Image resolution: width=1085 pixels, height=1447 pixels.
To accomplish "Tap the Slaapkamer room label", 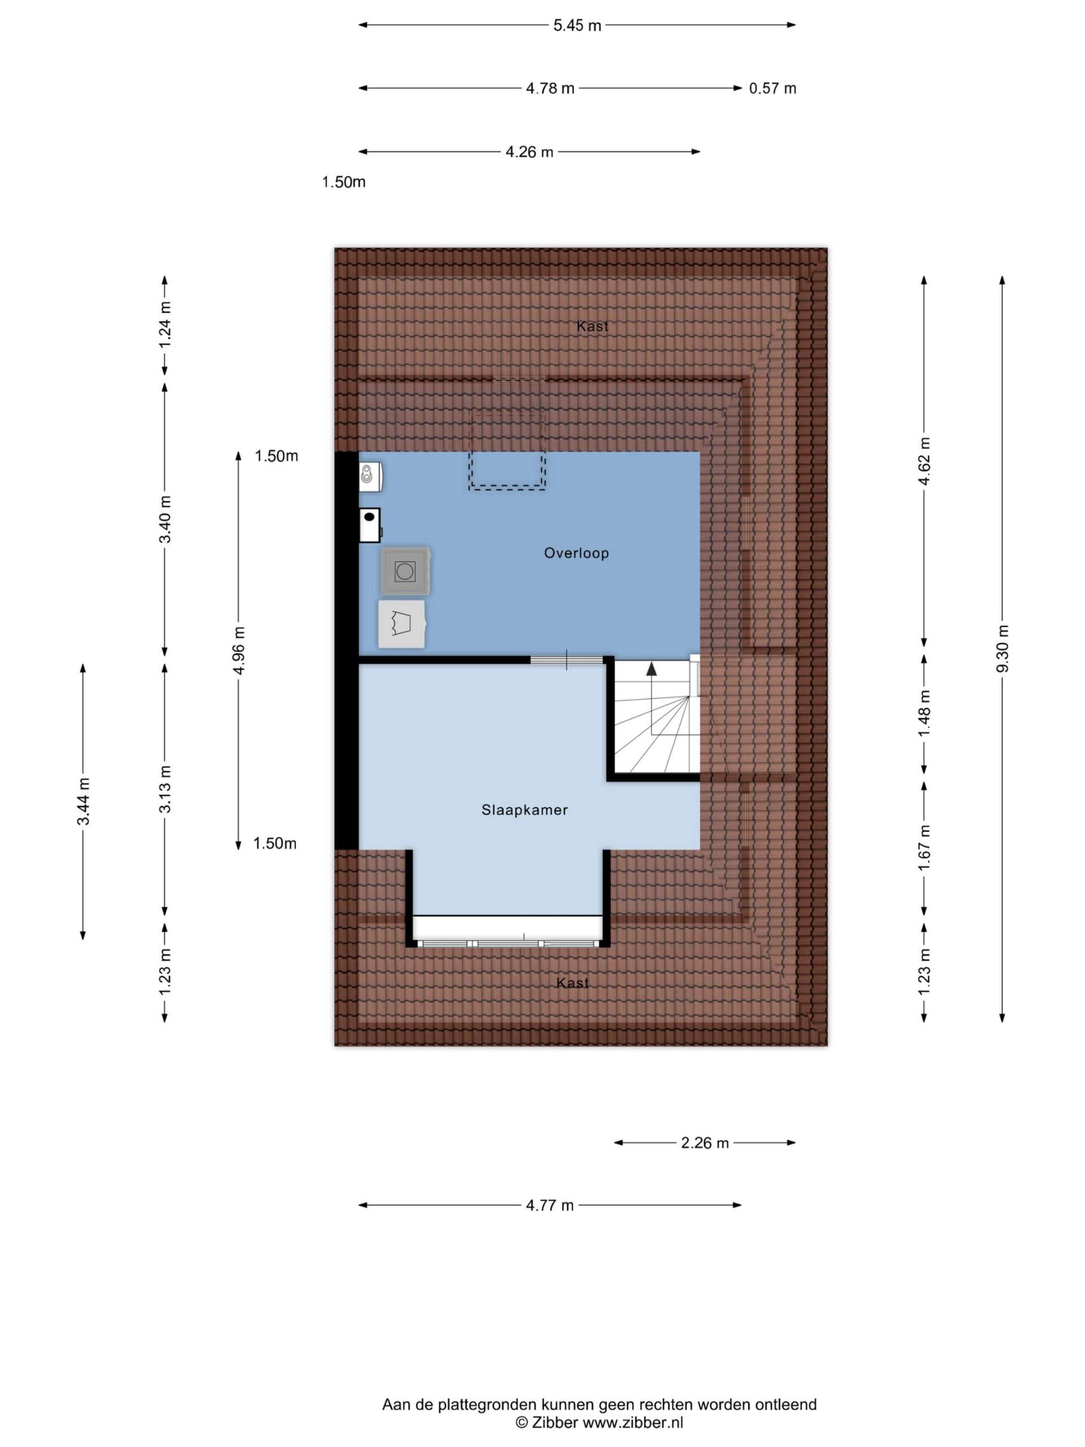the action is pos(524,810).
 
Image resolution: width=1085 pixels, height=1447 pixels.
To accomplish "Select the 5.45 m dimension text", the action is pos(577,25).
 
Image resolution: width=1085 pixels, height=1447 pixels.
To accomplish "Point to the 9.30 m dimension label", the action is pos(1002,648).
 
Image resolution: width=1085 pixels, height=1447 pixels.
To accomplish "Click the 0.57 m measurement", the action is pos(772,88).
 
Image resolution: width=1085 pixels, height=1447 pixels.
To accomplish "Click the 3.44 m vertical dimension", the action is pos(84,802).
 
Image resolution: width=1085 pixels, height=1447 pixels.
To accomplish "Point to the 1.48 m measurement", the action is pos(924,713).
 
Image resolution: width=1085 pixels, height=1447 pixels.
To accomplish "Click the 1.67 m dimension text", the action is pos(924,848).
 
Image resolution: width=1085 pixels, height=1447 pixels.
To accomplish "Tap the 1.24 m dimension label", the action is pos(166,324).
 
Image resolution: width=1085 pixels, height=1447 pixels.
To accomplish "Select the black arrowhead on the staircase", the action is pos(652,669).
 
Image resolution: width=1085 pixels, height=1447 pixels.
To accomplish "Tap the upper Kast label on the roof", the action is pos(593,326).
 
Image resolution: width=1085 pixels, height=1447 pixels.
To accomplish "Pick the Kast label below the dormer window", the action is pos(572,983).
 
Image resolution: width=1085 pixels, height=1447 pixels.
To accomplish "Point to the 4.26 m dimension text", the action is pos(529,151).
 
